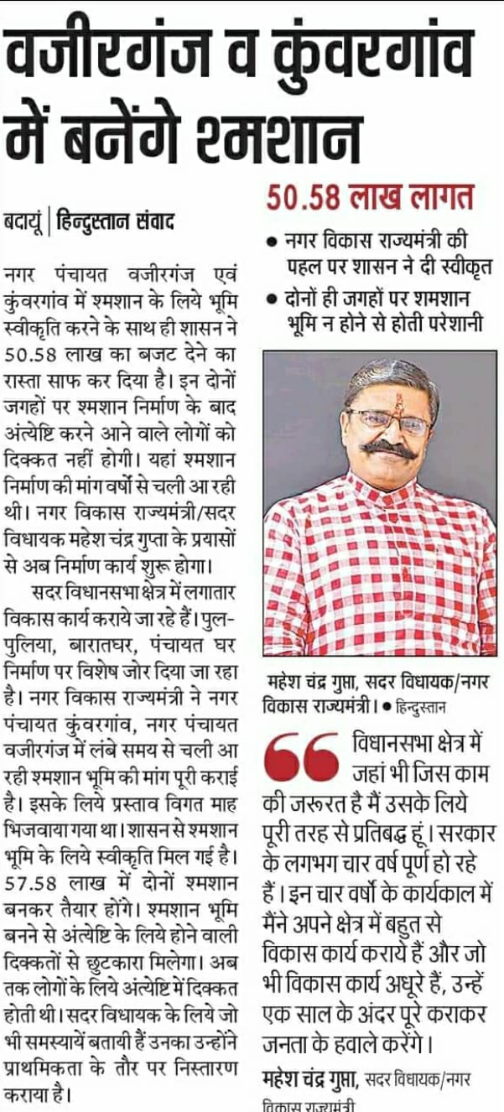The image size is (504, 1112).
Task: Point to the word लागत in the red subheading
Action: (x=433, y=198)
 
